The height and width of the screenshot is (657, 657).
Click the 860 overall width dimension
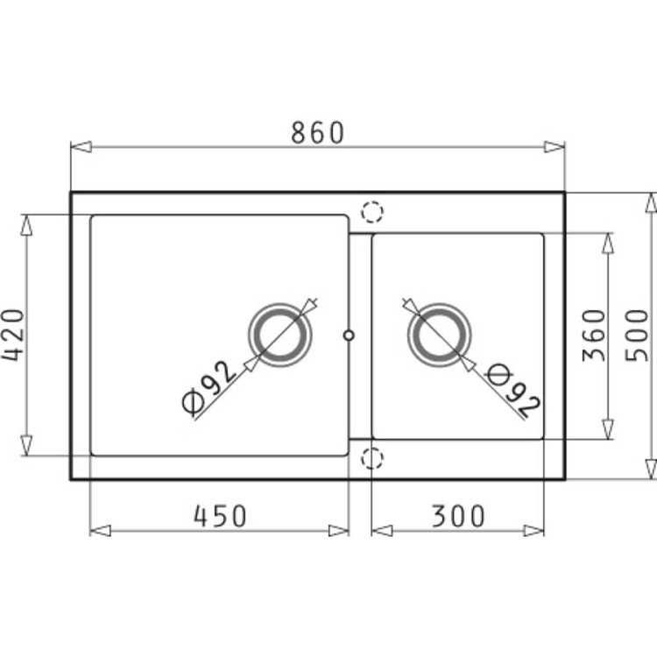[x=317, y=132]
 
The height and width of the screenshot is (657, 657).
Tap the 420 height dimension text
[x=12, y=335]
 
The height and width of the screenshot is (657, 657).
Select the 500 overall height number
[x=637, y=336]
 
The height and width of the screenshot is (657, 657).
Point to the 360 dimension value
[x=594, y=336]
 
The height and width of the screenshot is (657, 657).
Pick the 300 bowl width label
[x=458, y=516]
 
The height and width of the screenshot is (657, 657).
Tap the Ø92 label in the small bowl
[x=513, y=390]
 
